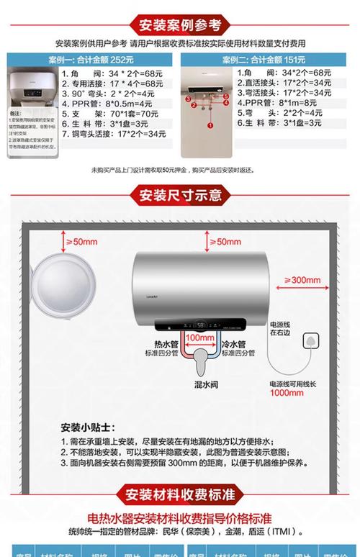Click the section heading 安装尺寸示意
pos(180,194)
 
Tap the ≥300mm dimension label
pos(305,280)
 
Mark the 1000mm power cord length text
pos(287,393)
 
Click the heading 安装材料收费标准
pos(180,494)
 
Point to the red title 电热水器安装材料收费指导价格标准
pos(179,518)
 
